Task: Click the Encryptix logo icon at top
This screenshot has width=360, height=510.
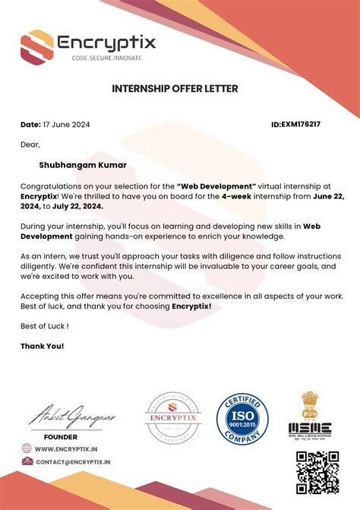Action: point(36,46)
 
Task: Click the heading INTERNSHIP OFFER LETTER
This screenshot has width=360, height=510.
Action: point(175,89)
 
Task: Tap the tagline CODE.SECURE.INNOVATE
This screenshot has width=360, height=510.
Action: point(106,58)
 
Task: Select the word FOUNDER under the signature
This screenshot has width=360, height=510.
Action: point(60,437)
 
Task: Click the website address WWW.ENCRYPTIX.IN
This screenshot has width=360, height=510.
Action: point(69,449)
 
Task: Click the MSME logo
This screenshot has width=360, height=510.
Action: point(309,417)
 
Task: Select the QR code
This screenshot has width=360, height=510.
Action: point(316,471)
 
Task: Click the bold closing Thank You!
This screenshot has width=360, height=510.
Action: point(42,347)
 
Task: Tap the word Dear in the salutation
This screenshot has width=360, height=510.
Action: point(30,144)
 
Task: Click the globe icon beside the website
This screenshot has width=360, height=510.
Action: point(27,449)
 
